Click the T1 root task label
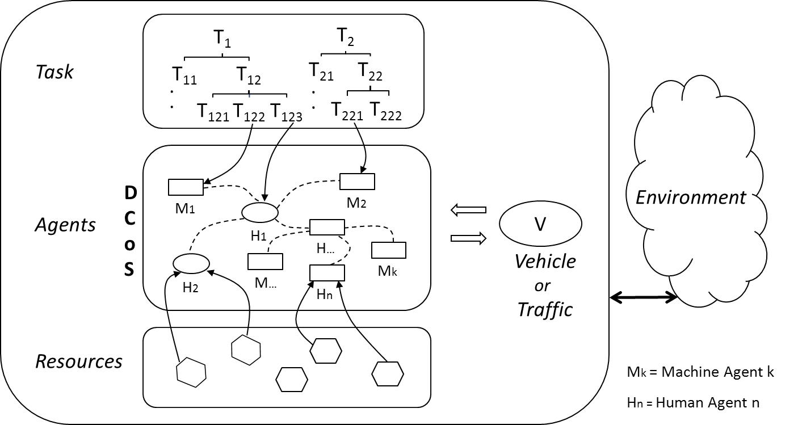(x=222, y=39)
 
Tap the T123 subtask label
(x=285, y=112)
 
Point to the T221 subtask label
(x=347, y=112)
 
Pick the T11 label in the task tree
(x=184, y=75)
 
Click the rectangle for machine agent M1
(x=186, y=187)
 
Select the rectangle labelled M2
(x=357, y=182)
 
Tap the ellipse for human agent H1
(x=260, y=212)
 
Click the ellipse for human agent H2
(x=191, y=263)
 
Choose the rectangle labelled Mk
(x=389, y=250)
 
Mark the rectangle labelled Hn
(x=327, y=273)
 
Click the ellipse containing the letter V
(x=540, y=224)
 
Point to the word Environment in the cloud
(x=690, y=197)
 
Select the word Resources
(x=79, y=361)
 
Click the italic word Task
(x=54, y=72)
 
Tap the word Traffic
(x=545, y=309)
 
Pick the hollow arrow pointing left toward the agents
(x=468, y=210)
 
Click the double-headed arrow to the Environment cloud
(x=643, y=297)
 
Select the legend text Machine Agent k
(x=717, y=372)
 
